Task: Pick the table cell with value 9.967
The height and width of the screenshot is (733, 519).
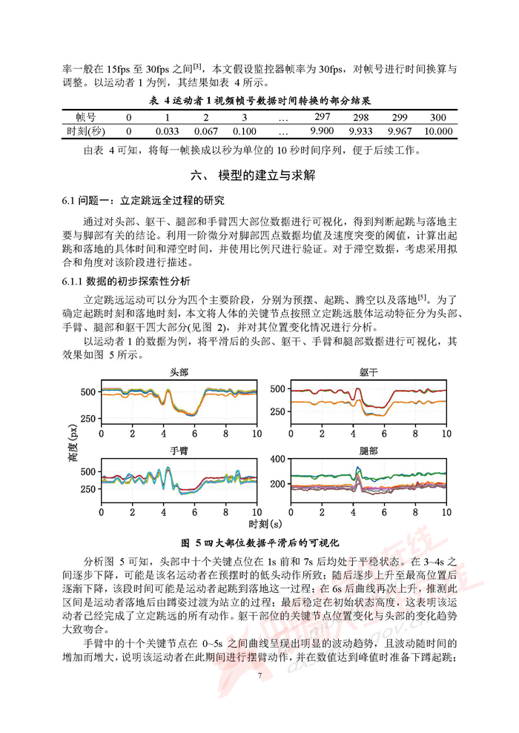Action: [x=400, y=131]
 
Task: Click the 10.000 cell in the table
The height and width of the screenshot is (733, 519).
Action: [x=437, y=131]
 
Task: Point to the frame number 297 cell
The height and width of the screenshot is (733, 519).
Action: [x=322, y=117]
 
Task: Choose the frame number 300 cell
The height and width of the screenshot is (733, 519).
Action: [x=437, y=117]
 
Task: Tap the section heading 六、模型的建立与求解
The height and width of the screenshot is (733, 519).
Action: [x=259, y=176]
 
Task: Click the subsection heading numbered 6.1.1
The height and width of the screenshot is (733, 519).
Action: [x=127, y=281]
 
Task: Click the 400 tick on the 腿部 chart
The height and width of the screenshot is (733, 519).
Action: [x=277, y=460]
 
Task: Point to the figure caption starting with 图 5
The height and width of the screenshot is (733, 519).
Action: [x=259, y=542]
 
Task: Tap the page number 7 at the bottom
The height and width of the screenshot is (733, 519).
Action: [x=259, y=675]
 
